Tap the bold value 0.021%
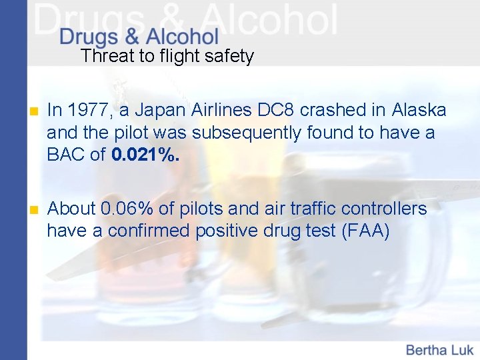coord(145,155)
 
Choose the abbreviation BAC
coord(67,155)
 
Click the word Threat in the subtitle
coord(107,56)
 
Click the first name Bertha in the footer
coord(427,349)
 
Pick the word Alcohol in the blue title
coord(181,37)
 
